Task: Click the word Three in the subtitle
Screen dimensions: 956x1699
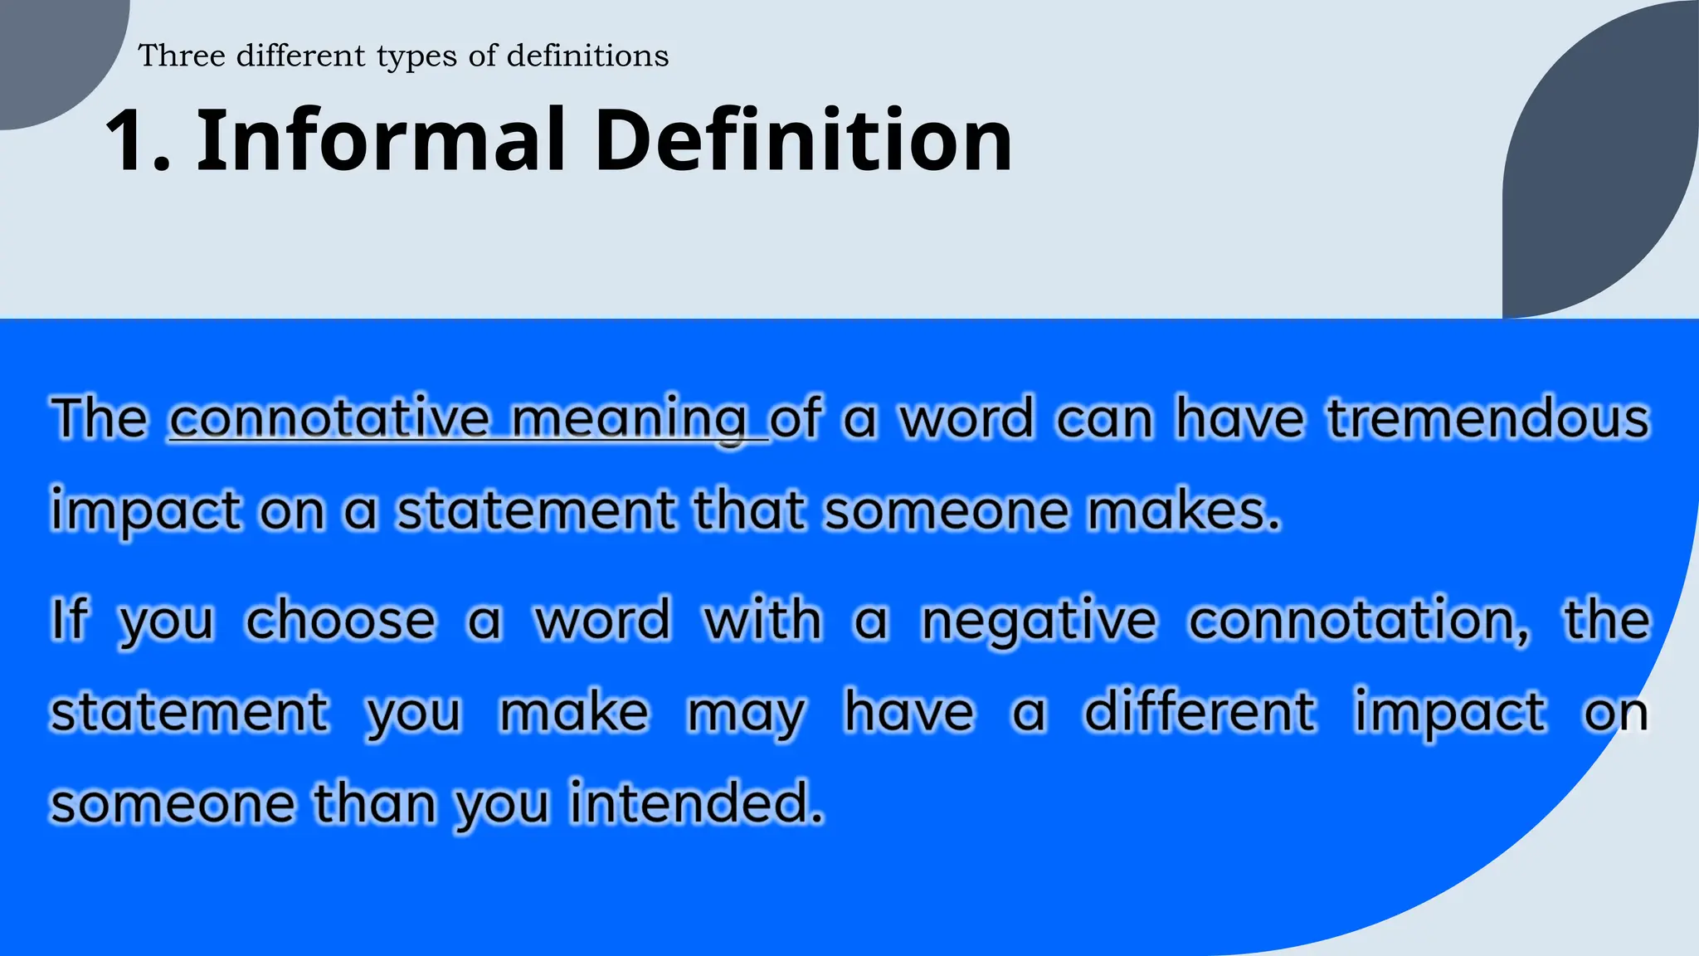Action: click(x=182, y=56)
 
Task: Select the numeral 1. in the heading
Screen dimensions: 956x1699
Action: click(x=138, y=141)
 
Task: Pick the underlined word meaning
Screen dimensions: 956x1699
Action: click(x=629, y=419)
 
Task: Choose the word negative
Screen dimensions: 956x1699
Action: click(x=1039, y=621)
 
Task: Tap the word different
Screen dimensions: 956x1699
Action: click(x=1200, y=712)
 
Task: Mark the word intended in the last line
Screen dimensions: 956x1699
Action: click(x=695, y=803)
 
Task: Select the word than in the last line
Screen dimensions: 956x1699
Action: click(x=374, y=803)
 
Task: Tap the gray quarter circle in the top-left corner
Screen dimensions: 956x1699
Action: click(x=50, y=50)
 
